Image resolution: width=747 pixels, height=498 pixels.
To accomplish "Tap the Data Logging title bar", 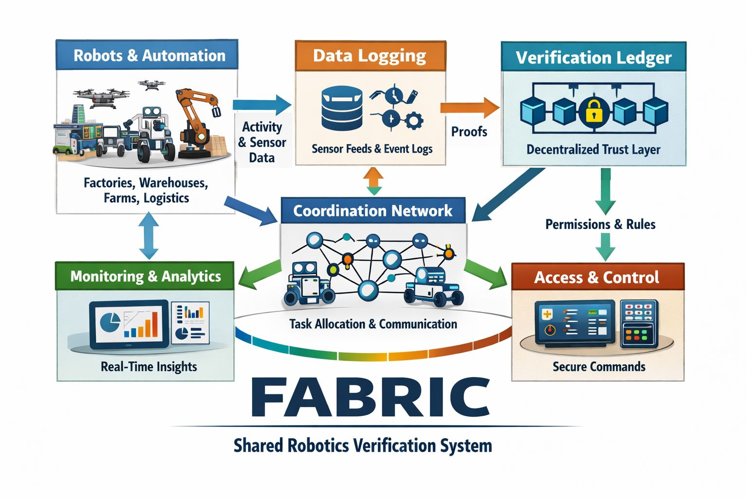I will [370, 56].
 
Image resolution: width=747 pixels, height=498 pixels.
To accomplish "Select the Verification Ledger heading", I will [593, 58].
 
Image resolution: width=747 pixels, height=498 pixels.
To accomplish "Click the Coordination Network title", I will [373, 211].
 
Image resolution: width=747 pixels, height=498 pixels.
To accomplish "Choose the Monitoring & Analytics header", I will [145, 276].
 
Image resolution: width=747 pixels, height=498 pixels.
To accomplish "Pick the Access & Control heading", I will [597, 277].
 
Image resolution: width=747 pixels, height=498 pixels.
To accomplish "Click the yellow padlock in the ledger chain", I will [594, 111].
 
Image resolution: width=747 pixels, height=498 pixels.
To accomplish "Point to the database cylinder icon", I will [342, 107].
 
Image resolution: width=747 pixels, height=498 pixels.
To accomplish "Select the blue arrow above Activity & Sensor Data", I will [261, 105].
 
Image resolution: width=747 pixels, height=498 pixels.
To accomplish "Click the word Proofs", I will [469, 131].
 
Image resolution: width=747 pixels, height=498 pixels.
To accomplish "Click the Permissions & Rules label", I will [600, 224].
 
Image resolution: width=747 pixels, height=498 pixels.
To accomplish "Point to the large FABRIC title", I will [371, 397].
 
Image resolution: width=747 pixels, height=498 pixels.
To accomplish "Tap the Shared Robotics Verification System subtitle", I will [363, 445].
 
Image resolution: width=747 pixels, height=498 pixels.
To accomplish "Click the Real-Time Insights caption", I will [149, 367].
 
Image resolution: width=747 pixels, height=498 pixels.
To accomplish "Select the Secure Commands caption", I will [599, 367].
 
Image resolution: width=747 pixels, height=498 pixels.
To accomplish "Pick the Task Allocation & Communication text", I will [373, 324].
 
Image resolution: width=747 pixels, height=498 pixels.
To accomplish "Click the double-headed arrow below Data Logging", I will [373, 181].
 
